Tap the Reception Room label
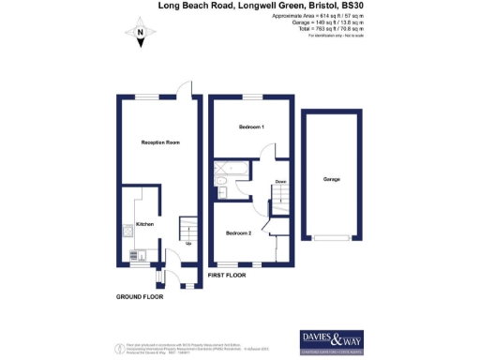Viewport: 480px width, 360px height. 159,142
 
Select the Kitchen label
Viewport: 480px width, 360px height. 145,224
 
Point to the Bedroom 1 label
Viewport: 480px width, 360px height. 250,126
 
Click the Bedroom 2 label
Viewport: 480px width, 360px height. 238,232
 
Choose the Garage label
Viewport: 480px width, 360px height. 331,179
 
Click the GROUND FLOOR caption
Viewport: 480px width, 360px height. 140,296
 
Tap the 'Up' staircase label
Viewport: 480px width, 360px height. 190,243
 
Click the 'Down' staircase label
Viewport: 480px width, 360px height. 280,182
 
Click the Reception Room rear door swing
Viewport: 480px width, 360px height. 191,89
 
